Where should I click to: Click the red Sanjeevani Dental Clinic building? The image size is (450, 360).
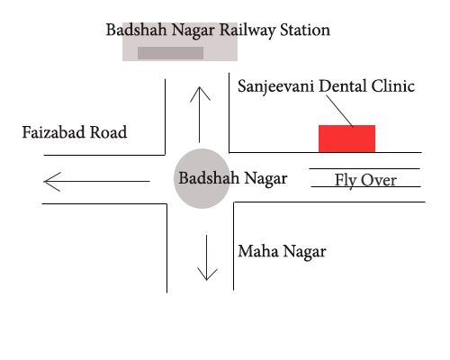[346, 139]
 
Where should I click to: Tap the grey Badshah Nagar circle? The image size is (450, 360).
[202, 178]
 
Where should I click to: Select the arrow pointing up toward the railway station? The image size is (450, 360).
[200, 114]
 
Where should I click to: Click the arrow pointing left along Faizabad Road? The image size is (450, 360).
[96, 182]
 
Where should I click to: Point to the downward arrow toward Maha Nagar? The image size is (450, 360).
[207, 257]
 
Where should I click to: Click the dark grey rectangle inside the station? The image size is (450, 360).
[170, 53]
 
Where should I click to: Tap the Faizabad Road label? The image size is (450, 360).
[75, 132]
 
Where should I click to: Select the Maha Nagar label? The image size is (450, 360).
[282, 252]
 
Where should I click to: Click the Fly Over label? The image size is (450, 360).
[365, 181]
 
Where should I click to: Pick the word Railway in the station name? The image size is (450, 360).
[247, 31]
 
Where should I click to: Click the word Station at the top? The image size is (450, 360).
[305, 30]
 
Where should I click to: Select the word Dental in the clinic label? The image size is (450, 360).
[343, 86]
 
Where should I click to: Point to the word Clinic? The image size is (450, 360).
[393, 86]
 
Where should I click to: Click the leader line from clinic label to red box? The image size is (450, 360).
[340, 112]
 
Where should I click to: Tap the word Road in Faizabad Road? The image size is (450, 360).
[109, 132]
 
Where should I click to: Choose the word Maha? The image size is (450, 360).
[258, 251]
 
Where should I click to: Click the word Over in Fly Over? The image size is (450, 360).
[379, 180]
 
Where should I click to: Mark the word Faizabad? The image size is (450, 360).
[54, 132]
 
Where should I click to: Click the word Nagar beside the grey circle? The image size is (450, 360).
[265, 179]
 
